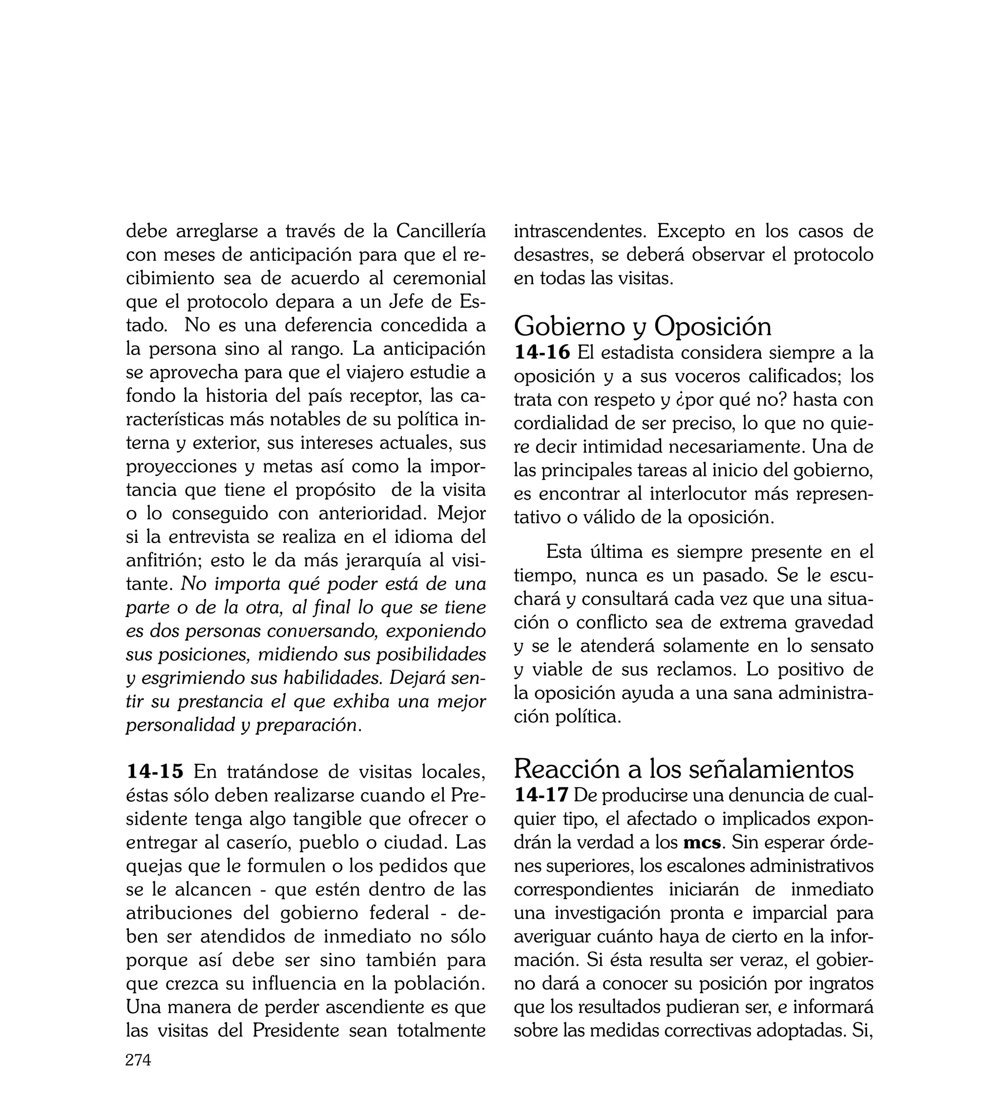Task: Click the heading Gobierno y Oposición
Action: pyautogui.click(x=642, y=326)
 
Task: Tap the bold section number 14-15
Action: pyautogui.click(x=155, y=772)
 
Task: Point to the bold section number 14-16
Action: pyautogui.click(x=542, y=352)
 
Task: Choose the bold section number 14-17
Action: pyautogui.click(x=541, y=795)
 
